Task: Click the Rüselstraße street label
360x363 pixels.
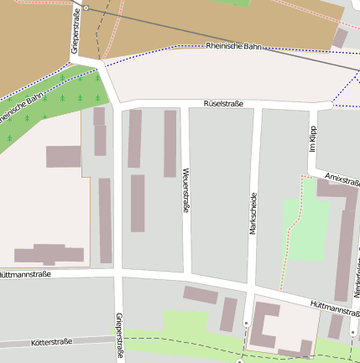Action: (x=223, y=104)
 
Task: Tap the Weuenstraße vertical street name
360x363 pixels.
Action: (x=185, y=189)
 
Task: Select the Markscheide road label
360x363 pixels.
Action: (x=252, y=214)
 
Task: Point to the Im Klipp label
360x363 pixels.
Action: (x=312, y=138)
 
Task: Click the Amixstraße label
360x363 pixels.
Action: (x=341, y=179)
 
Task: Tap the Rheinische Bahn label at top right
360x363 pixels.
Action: (x=234, y=46)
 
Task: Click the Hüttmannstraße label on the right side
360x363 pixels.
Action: (x=334, y=309)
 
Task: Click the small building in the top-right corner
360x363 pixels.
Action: (x=340, y=38)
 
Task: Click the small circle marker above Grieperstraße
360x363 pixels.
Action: (x=86, y=8)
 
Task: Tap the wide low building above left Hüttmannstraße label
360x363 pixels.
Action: (x=49, y=254)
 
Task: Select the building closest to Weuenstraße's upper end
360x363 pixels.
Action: (x=170, y=143)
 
